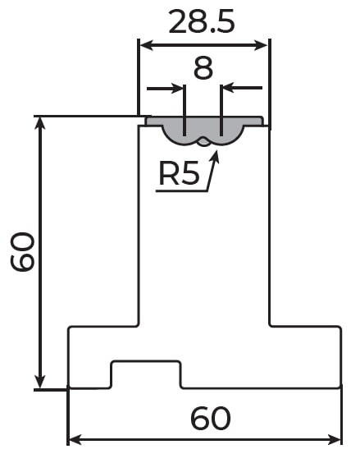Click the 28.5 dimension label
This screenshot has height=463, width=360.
tap(202, 21)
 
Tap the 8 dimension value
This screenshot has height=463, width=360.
tap(203, 68)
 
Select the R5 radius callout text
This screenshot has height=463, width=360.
tap(179, 173)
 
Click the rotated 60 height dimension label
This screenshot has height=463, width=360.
tap(22, 251)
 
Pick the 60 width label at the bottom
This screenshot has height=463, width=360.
tap(211, 418)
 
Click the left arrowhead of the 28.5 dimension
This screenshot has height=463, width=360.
tap(147, 45)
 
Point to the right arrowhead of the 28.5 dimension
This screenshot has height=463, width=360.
tap(262, 45)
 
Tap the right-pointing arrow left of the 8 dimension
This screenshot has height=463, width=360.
tap(165, 88)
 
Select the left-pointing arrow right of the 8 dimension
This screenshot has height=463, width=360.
tap(242, 88)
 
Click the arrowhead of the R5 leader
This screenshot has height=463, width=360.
tap(216, 156)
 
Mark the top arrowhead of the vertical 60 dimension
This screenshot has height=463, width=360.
tap(40, 123)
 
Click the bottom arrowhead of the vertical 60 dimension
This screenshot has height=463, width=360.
tap(40, 382)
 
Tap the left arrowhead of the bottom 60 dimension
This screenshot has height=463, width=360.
tap(75, 440)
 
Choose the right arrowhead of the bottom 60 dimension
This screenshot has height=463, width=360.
tap(335, 440)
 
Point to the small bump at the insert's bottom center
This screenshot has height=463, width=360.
tap(203, 143)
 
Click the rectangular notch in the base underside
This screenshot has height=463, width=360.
tap(146, 374)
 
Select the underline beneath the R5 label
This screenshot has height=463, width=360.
tap(182, 191)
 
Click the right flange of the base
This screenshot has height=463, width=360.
tap(306, 357)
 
